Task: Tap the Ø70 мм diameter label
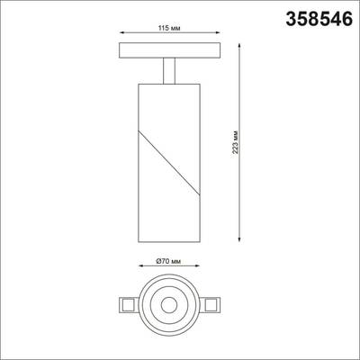[x=167, y=260]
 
